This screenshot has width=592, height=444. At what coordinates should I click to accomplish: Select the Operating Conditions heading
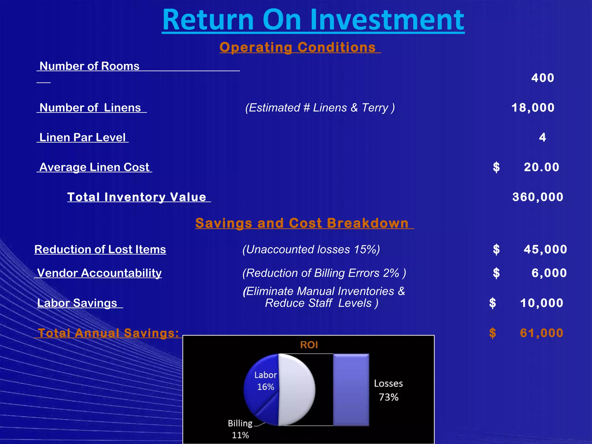[298, 47]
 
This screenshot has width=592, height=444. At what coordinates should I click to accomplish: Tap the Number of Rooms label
[89, 66]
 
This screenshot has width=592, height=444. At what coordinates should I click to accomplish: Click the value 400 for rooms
[543, 78]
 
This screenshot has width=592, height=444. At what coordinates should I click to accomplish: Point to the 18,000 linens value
[533, 108]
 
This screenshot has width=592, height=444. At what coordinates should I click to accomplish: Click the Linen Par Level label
[82, 138]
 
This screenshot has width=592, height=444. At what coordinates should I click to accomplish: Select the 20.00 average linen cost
[541, 167]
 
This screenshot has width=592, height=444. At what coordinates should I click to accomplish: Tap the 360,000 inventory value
[538, 197]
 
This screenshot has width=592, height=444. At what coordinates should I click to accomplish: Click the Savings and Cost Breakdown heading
[302, 223]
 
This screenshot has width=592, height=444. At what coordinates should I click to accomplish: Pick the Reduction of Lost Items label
[100, 249]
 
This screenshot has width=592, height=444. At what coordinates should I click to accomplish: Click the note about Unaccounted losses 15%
[311, 249]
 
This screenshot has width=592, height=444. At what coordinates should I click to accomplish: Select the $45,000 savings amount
[545, 249]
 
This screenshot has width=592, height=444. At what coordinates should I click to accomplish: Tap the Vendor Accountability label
[99, 273]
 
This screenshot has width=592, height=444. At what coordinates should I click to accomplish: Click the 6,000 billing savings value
[549, 273]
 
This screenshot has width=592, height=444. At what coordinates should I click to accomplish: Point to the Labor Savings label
[77, 303]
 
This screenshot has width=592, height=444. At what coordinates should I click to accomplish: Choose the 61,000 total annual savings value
[541, 333]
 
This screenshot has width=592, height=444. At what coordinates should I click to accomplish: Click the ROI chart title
[309, 345]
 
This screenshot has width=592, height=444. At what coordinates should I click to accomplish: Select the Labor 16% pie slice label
[265, 381]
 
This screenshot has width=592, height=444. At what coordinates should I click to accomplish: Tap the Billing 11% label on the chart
[240, 429]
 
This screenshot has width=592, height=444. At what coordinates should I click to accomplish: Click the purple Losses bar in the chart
[351, 390]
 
